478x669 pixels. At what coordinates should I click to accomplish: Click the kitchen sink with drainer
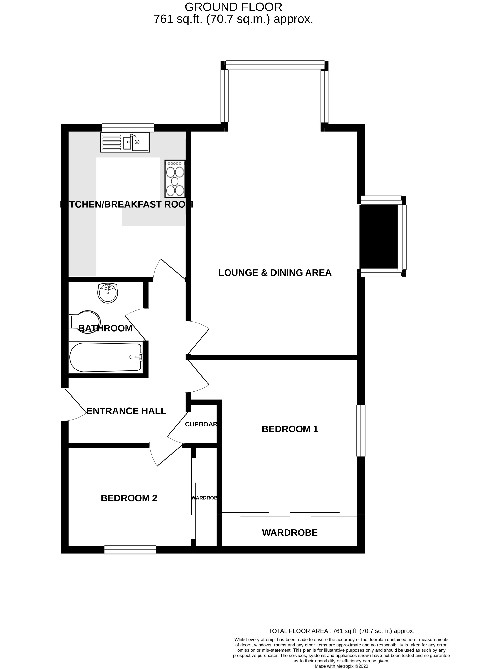point(125,142)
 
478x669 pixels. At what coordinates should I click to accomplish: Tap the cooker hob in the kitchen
point(175,179)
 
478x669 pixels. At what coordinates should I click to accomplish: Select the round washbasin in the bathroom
point(108,293)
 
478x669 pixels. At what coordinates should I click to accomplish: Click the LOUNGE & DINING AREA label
point(275,273)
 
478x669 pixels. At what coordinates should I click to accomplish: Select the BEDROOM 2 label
point(129,498)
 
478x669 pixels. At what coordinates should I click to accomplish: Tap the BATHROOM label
point(105,328)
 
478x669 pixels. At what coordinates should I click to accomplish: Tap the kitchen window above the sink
point(127,127)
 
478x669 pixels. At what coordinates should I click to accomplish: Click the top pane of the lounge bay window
point(275,65)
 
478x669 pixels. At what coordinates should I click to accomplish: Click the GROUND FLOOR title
point(233,7)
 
